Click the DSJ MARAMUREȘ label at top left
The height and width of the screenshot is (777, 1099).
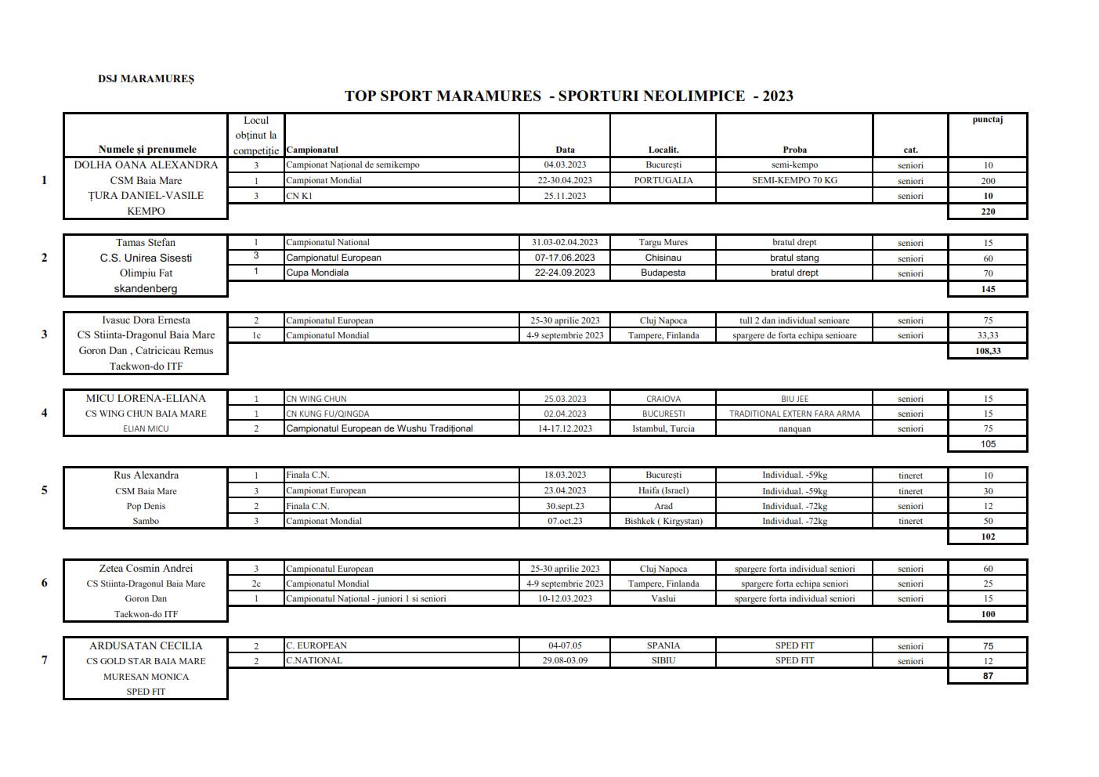(x=146, y=78)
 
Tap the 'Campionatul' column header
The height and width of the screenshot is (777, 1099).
(x=313, y=150)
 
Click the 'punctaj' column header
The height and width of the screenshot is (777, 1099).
(x=987, y=120)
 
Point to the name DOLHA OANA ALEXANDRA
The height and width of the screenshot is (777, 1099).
(x=146, y=164)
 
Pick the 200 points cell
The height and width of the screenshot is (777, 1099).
(x=988, y=180)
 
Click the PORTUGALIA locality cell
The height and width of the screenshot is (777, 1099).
(x=663, y=180)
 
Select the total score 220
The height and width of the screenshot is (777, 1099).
(x=988, y=211)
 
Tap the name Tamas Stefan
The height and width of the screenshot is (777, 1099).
(x=146, y=242)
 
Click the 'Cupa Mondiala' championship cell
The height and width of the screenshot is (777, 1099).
(x=317, y=273)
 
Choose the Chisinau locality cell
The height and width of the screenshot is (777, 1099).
(x=663, y=258)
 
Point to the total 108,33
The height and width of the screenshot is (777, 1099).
(x=988, y=351)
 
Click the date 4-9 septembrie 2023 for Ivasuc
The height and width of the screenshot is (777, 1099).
(x=565, y=335)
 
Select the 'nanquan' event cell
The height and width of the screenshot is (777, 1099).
(x=794, y=428)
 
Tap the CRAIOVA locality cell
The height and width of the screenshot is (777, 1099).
(x=663, y=399)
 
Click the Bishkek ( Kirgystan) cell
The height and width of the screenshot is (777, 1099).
(x=663, y=521)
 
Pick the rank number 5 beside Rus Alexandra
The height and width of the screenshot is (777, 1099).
(x=44, y=490)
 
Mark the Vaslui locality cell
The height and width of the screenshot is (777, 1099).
(x=663, y=598)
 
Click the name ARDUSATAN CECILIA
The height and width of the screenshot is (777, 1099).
(x=146, y=645)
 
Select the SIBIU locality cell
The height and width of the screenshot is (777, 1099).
(x=663, y=660)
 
